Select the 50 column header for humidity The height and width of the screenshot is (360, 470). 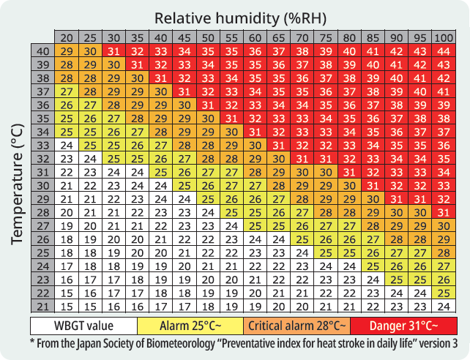coord(208,38)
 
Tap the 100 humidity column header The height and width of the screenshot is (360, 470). coord(444,38)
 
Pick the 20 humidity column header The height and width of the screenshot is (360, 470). coord(67,38)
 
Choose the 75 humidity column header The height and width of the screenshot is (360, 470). coord(325,38)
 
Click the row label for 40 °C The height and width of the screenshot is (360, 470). coord(42,51)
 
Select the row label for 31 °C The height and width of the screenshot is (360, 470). coord(42,172)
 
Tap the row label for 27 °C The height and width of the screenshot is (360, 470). coord(42,225)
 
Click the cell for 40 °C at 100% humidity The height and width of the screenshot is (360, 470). coord(444,51)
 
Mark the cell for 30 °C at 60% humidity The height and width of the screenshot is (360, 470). coord(255,185)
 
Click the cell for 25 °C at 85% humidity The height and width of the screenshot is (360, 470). coord(373,252)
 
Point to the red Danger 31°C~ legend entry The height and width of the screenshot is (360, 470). coord(403,324)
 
